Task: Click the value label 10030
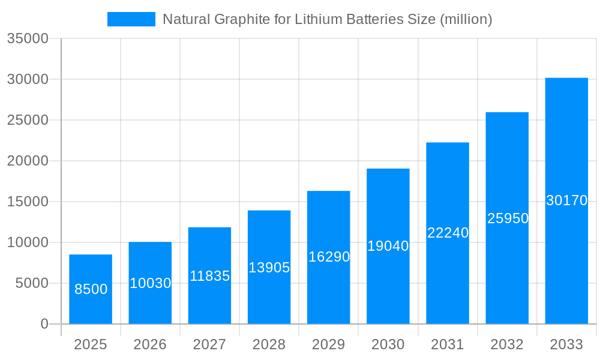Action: (150, 283)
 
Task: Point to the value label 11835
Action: (209, 276)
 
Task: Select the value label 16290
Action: (329, 257)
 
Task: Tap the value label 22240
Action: (448, 233)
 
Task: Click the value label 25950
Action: (508, 218)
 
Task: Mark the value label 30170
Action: (566, 200)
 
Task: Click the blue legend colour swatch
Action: (131, 19)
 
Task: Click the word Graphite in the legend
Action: (235, 19)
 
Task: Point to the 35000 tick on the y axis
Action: (27, 38)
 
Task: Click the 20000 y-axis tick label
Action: (27, 161)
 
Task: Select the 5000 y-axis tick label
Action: (31, 283)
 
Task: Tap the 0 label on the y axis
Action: (44, 324)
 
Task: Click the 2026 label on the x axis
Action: (150, 344)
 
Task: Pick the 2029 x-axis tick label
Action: (329, 344)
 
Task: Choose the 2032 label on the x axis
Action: (507, 344)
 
